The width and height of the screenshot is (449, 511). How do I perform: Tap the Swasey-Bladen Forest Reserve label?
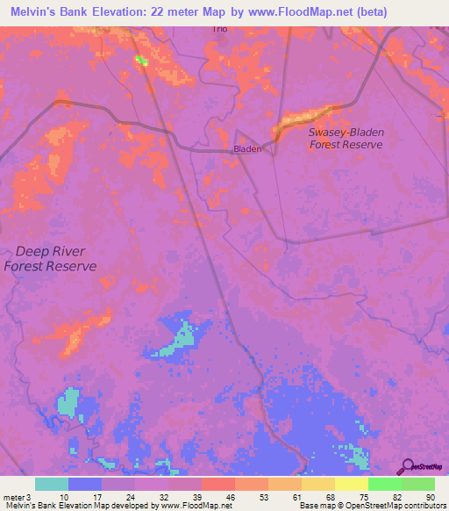[346, 138]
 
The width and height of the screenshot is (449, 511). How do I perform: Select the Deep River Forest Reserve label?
[49, 258]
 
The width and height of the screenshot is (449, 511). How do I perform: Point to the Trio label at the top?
[218, 28]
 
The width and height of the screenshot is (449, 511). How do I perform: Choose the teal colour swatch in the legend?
[52, 484]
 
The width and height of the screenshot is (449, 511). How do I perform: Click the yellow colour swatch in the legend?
[352, 484]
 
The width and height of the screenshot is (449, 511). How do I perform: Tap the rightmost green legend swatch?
[418, 484]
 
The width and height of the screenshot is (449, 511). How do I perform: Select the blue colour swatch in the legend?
[85, 484]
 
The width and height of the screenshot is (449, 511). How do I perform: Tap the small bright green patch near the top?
[139, 60]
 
